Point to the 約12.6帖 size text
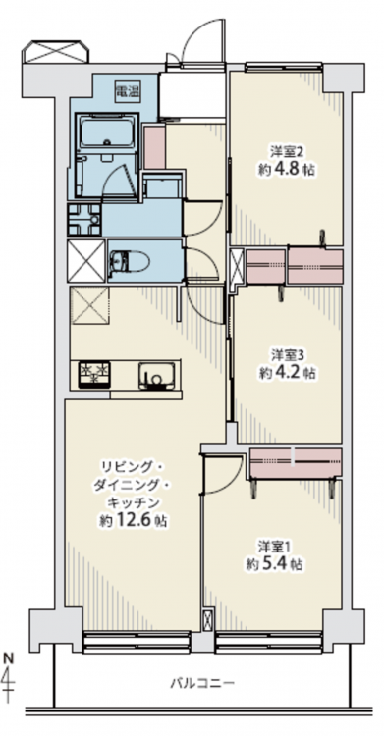134,520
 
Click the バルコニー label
201,682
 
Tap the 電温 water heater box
128,91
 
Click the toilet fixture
128,261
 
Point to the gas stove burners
94,374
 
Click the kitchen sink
156,376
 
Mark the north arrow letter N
9,658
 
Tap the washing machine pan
84,219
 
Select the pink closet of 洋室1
296,463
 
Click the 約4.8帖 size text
286,170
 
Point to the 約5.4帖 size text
274,564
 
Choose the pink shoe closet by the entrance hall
154,147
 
